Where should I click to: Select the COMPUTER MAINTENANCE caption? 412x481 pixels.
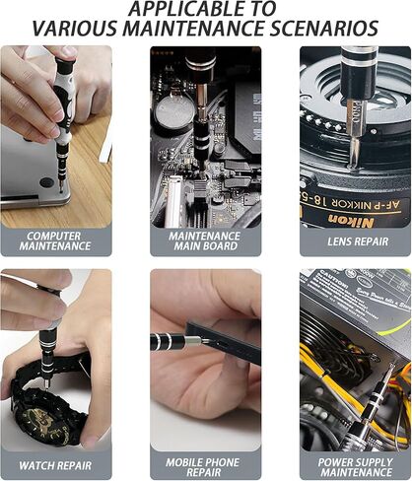(x=55, y=241)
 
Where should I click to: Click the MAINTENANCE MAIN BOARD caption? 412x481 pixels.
(x=205, y=241)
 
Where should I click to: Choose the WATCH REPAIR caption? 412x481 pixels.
(x=55, y=463)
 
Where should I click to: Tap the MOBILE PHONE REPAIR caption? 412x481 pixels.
(x=205, y=463)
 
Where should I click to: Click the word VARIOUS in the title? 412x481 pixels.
(x=74, y=29)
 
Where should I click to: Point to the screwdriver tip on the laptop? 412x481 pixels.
(x=62, y=183)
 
